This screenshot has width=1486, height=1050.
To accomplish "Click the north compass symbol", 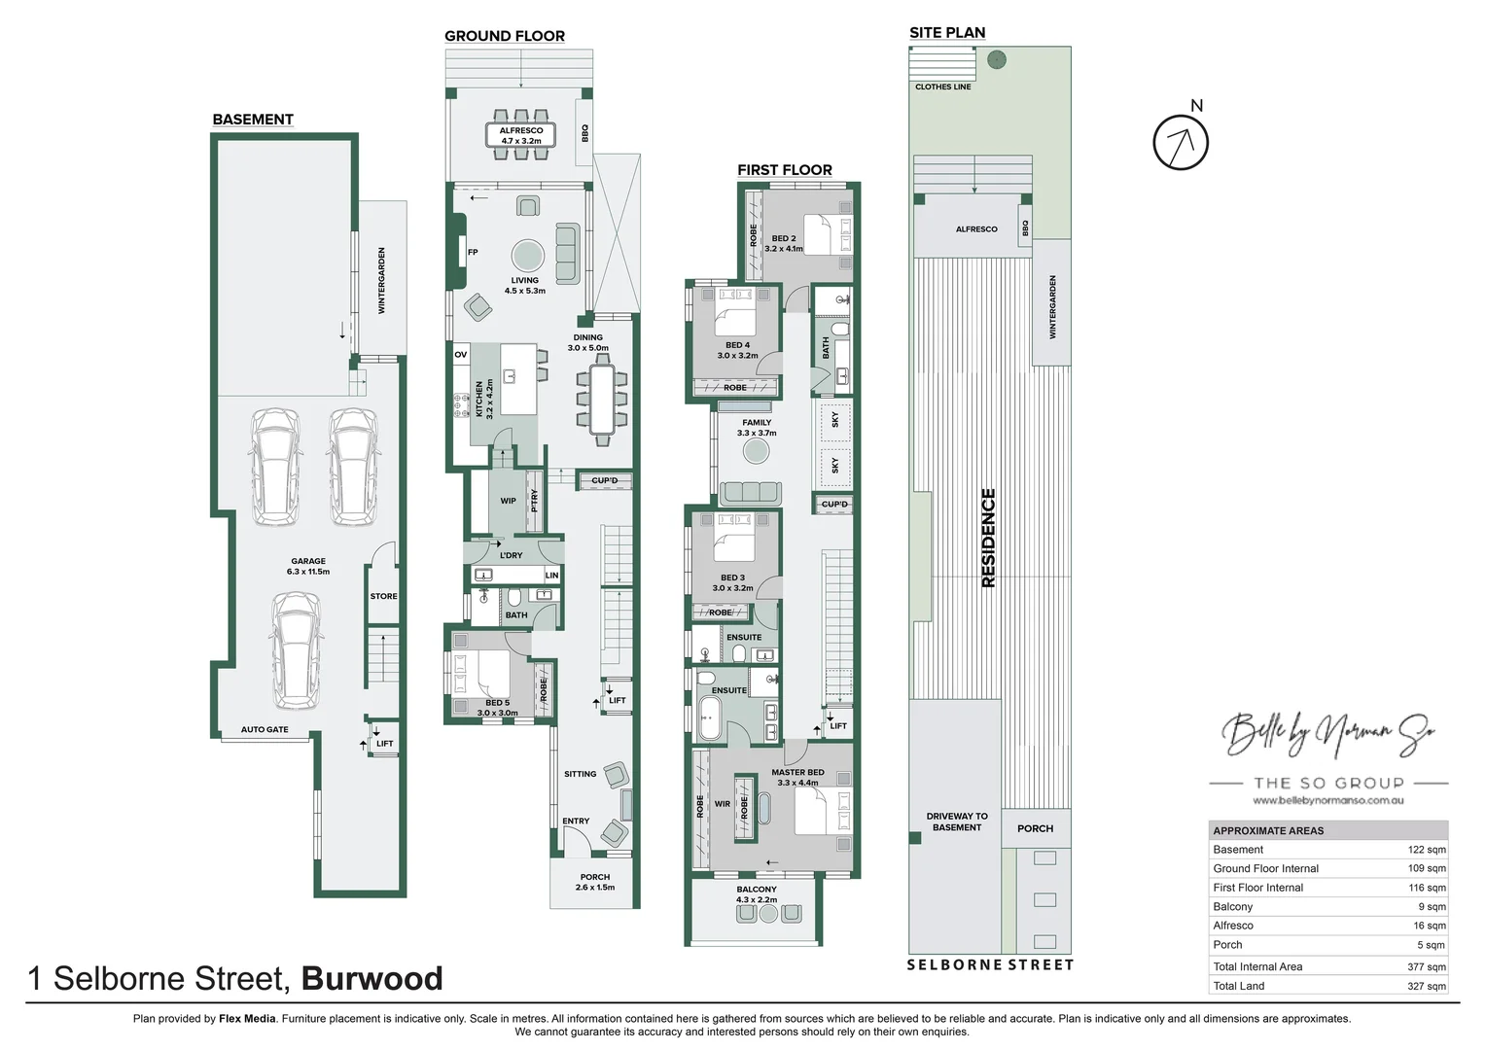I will [x=1181, y=142].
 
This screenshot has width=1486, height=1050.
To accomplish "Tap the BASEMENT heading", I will [x=253, y=120].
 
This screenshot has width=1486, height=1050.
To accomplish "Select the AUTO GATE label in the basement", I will [x=265, y=729].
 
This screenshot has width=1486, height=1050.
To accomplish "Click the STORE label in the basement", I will [x=383, y=596].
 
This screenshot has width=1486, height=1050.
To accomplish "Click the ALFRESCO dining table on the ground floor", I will [x=521, y=135].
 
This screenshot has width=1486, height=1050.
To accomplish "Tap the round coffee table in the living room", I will [x=528, y=256].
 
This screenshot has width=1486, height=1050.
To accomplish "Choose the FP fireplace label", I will [x=473, y=252].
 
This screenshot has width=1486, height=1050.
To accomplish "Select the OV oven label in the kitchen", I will [x=461, y=355].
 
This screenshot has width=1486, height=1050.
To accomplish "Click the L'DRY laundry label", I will [x=511, y=555].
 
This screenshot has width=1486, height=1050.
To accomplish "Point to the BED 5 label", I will [x=497, y=702].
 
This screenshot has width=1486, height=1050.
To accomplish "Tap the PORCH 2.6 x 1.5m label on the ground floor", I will [x=595, y=882].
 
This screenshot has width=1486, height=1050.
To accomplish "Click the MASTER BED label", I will [x=797, y=773].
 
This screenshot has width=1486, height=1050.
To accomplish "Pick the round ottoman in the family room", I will [x=756, y=451].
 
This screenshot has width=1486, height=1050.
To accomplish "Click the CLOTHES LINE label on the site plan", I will [x=942, y=87].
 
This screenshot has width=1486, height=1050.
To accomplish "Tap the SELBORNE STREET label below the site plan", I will [x=990, y=964].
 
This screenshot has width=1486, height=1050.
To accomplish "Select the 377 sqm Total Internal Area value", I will [x=1426, y=966].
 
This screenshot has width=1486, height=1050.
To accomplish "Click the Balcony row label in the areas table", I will [x=1232, y=906].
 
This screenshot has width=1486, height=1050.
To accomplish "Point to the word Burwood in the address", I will [x=372, y=978].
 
